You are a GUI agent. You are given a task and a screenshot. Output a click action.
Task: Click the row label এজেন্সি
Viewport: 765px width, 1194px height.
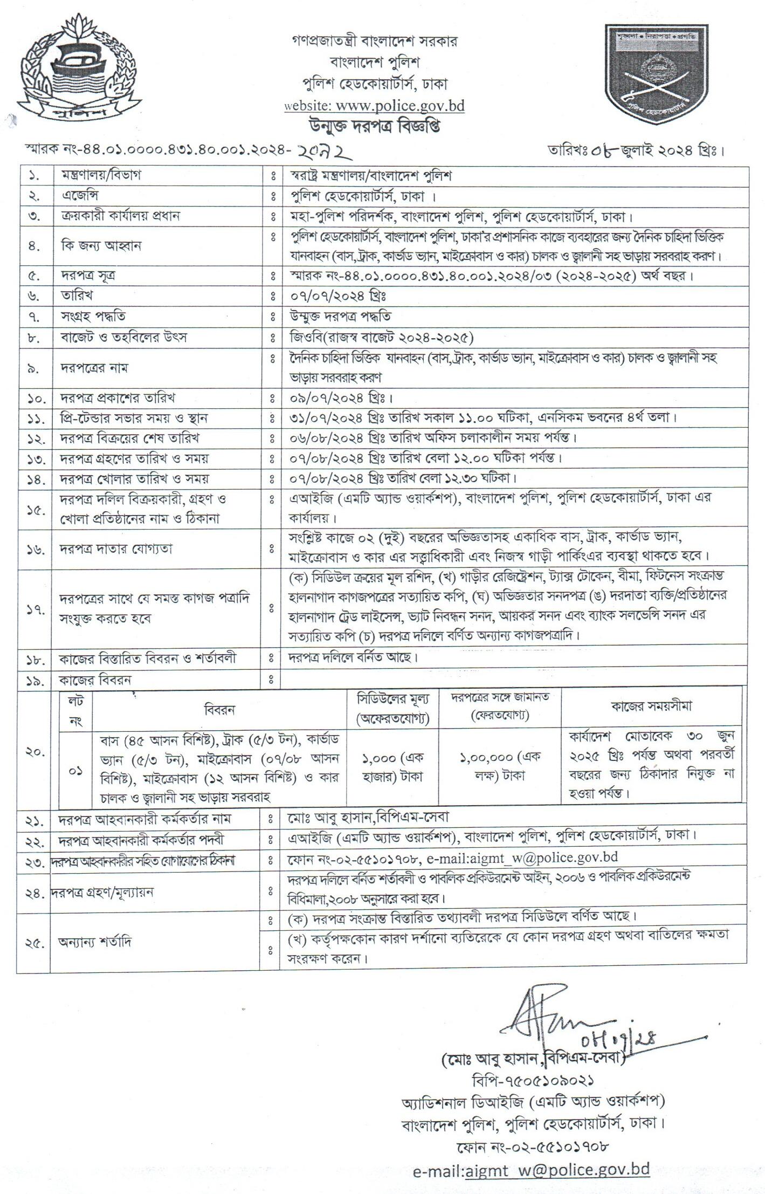point(80,195)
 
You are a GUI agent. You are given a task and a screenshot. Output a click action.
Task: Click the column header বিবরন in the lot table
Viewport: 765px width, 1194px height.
point(219,710)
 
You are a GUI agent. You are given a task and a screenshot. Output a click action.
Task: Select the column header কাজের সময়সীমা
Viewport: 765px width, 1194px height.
point(651,706)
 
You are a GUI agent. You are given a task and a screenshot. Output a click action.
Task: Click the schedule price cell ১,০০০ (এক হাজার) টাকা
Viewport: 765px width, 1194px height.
point(392,767)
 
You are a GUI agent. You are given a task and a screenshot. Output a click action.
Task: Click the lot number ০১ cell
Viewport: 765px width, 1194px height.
point(75,771)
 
